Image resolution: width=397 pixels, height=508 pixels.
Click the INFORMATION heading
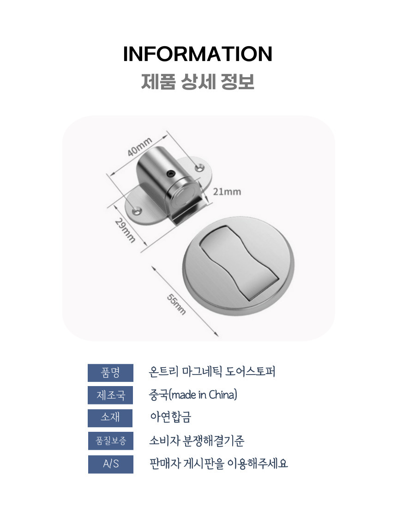click(x=198, y=54)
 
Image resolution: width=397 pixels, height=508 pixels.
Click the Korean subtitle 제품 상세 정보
click(x=198, y=82)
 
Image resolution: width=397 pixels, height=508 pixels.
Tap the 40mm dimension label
click(x=139, y=147)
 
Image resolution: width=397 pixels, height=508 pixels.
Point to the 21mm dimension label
click(x=227, y=192)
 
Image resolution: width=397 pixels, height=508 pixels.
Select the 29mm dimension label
click(x=125, y=230)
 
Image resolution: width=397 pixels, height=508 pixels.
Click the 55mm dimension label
click(x=176, y=304)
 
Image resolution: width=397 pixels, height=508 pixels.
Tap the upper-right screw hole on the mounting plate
click(x=198, y=168)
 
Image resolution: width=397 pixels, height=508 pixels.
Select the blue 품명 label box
click(x=110, y=373)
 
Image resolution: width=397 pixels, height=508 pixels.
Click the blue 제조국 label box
click(x=110, y=395)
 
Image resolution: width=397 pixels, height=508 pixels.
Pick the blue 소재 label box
click(x=110, y=418)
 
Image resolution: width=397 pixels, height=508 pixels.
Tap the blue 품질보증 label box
click(x=111, y=441)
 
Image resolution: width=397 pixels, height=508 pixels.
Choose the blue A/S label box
click(x=111, y=464)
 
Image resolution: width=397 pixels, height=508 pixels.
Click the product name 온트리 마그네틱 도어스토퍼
click(x=212, y=372)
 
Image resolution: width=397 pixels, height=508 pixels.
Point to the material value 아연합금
click(x=171, y=417)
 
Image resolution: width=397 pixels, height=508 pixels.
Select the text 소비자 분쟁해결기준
click(x=197, y=441)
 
